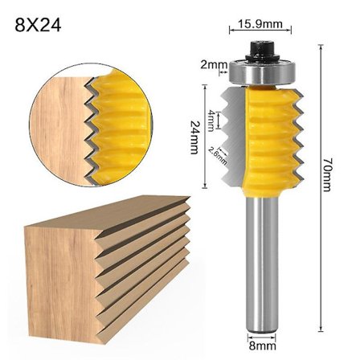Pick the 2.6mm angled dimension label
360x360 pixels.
[x=215, y=154]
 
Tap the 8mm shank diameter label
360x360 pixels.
[x=263, y=346]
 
